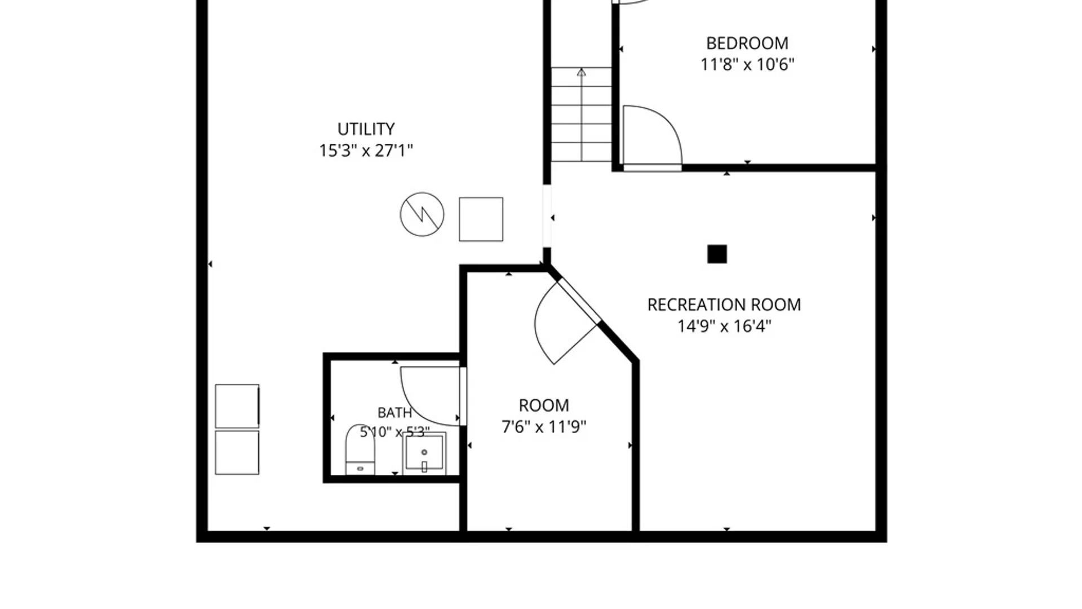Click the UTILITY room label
click(366, 129)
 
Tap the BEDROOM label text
click(747, 43)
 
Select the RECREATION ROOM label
click(724, 305)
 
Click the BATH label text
click(394, 413)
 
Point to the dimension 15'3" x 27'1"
click(366, 151)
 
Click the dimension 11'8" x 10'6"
click(747, 65)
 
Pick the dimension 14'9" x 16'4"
click(724, 326)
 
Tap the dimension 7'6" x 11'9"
click(544, 427)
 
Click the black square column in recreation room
click(717, 254)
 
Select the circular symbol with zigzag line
click(422, 214)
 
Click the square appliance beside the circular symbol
click(481, 219)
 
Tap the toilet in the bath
click(360, 450)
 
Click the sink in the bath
click(424, 453)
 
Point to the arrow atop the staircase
click(582, 72)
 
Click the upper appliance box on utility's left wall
click(237, 406)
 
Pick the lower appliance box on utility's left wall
click(237, 453)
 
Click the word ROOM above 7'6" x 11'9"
click(544, 405)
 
